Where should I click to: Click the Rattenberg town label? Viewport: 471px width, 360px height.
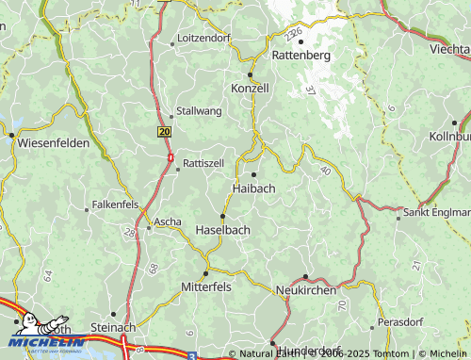coord(300,56)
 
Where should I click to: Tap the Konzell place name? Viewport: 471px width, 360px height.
coord(250,88)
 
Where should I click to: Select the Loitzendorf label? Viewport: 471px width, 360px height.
coord(203,39)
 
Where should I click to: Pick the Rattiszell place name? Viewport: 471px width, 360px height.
coord(203,162)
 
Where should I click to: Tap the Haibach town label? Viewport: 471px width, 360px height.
coord(253,188)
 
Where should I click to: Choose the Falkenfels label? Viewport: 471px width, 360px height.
coord(116,205)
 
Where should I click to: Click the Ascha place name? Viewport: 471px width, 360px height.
coord(168,222)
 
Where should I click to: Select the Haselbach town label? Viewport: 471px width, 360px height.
coord(222,230)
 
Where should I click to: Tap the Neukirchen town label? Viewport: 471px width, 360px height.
coord(305,291)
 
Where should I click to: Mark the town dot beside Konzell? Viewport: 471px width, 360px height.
coord(250,74)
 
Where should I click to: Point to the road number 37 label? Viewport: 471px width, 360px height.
coord(310,90)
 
